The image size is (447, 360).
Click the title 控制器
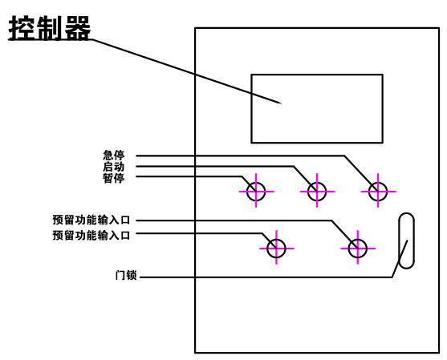(x=50, y=27)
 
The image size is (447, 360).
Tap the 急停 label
(x=114, y=156)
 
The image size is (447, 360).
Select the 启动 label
(x=114, y=167)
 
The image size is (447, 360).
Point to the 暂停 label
(x=114, y=178)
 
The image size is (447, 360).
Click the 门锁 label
(x=126, y=275)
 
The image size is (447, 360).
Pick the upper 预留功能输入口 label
(x=91, y=220)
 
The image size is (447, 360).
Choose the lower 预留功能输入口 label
(x=91, y=236)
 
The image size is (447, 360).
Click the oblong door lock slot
(x=399, y=241)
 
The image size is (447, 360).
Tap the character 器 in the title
(x=78, y=27)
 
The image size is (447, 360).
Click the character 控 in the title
(x=22, y=27)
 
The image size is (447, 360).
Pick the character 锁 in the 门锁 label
(x=132, y=275)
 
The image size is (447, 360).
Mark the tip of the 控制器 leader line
(x=282, y=103)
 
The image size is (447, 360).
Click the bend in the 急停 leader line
(x=344, y=156)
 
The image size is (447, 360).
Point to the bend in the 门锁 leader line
(x=392, y=277)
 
